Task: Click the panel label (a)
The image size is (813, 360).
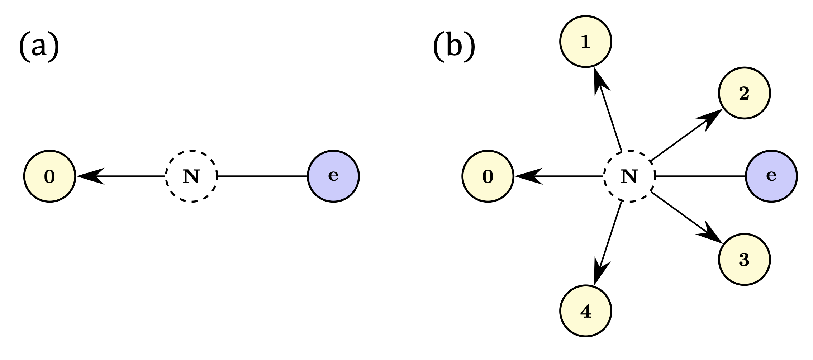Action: [39, 46]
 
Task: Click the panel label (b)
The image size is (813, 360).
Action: [454, 46]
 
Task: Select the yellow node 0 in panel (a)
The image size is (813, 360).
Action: [49, 176]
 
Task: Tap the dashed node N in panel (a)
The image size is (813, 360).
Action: [191, 176]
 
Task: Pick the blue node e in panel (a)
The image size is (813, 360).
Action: [333, 176]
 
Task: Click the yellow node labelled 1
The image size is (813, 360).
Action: [585, 42]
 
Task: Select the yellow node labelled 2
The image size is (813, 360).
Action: [744, 93]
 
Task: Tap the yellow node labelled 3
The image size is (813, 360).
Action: [744, 260]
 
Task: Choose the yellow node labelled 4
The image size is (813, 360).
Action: [585, 311]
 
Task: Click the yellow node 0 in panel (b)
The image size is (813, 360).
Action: [488, 176]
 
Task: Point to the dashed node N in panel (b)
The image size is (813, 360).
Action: [629, 176]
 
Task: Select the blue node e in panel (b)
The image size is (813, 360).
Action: [771, 176]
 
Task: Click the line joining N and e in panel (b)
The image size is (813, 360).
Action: [700, 176]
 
